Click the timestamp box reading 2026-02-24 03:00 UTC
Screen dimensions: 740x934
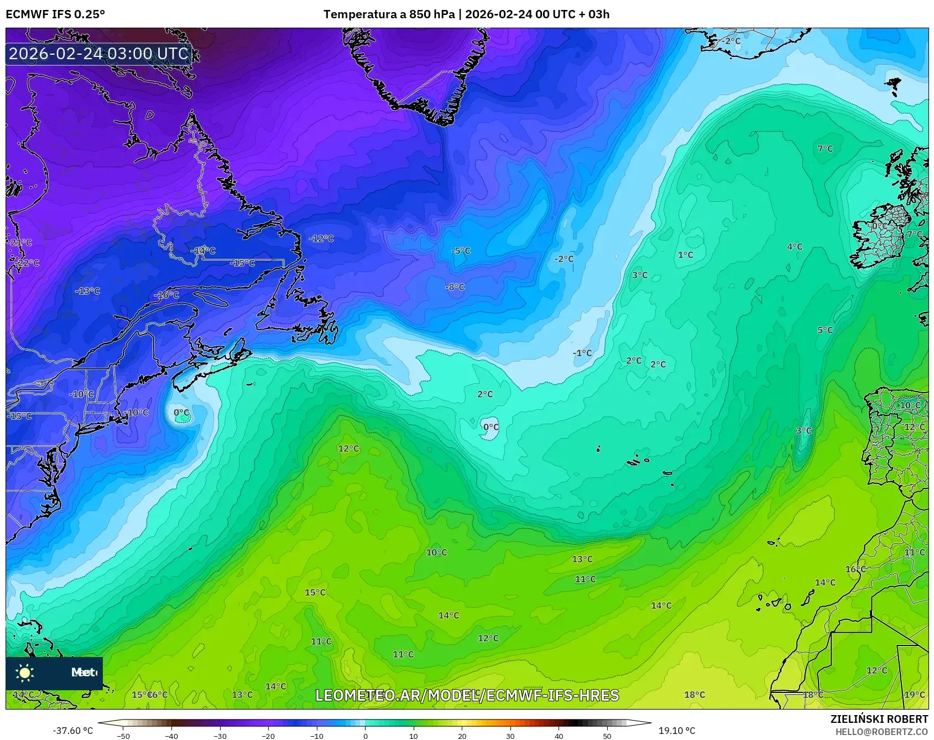(99, 54)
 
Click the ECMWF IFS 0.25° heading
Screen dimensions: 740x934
(55, 14)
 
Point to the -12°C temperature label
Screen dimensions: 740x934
(321, 238)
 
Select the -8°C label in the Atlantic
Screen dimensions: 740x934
(455, 287)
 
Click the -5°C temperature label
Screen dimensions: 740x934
(461, 251)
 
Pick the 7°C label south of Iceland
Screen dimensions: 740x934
(825, 148)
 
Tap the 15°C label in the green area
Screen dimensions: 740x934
(315, 592)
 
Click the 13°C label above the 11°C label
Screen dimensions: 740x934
(582, 559)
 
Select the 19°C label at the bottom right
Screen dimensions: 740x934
(914, 695)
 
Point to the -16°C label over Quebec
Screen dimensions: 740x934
(167, 295)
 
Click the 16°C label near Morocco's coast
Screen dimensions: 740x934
(855, 569)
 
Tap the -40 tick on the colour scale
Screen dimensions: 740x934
(172, 736)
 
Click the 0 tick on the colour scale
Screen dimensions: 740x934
(365, 736)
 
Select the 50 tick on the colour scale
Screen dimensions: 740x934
(607, 736)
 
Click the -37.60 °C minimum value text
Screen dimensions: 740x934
(73, 731)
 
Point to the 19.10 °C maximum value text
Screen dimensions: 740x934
(677, 731)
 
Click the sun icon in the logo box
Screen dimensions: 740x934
(25, 673)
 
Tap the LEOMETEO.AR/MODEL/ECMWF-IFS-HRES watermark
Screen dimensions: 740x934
(467, 695)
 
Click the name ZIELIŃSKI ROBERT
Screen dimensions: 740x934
(879, 719)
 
